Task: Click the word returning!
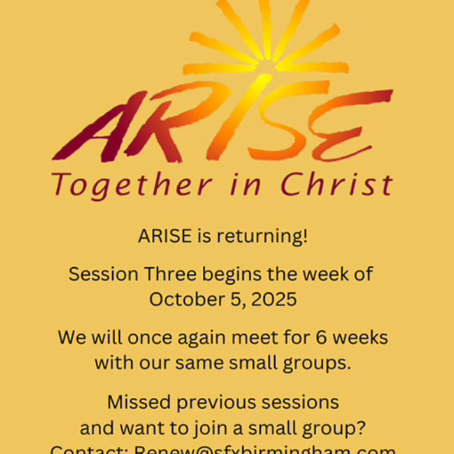pos(262,236)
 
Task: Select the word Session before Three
pos(103,274)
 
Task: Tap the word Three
pos(171,274)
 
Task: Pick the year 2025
pos(274,299)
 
